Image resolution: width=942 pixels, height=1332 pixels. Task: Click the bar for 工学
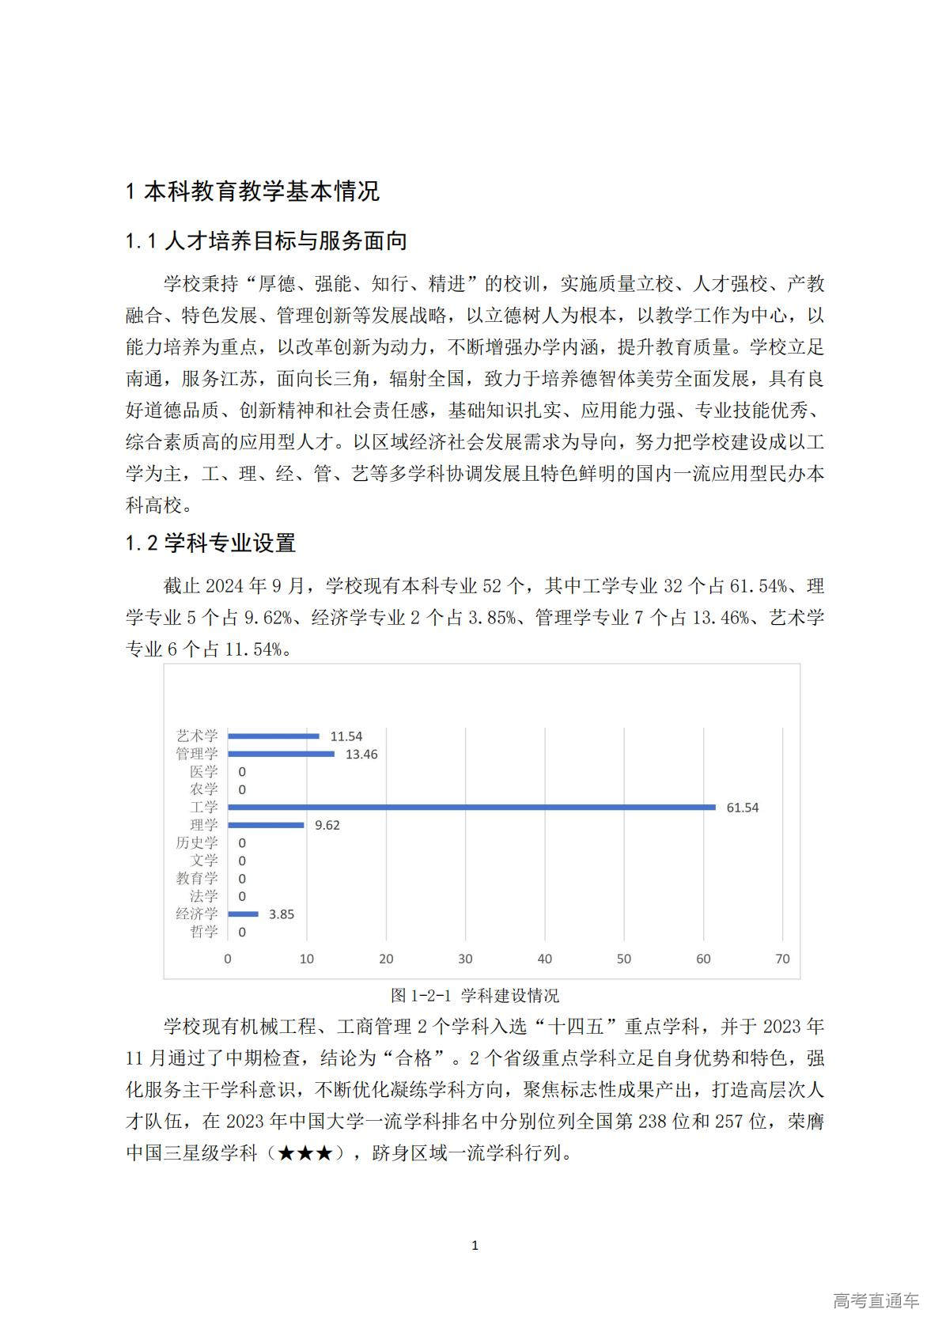point(471,807)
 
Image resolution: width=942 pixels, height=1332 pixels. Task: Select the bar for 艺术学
point(274,736)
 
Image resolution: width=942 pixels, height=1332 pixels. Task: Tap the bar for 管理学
point(281,754)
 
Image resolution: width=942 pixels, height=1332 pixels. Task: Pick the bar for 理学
point(266,825)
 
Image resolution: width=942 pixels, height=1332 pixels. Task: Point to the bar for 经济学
point(243,914)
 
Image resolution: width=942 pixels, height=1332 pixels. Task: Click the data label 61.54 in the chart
point(743,808)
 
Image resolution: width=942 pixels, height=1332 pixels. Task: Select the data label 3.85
point(282,914)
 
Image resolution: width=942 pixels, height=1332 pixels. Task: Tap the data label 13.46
point(361,755)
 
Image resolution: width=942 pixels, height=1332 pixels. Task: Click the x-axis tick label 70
point(782,959)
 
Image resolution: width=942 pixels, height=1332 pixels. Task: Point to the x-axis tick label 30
point(465,959)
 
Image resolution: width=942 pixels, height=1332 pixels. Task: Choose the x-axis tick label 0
point(228,959)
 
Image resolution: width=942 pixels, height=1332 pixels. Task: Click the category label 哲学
point(203,932)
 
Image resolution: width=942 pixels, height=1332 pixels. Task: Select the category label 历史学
point(196,843)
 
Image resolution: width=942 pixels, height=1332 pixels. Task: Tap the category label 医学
point(203,772)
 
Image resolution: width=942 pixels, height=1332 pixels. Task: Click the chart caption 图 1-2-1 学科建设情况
point(475,995)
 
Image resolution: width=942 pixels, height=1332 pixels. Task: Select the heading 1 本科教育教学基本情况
point(253,191)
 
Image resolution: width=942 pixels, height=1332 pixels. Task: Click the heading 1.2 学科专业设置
point(210,543)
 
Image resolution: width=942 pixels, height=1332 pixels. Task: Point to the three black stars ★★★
point(305,1153)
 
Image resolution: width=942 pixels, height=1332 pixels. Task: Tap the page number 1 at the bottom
point(475,1246)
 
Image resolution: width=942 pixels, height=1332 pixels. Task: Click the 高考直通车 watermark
point(876,1300)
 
